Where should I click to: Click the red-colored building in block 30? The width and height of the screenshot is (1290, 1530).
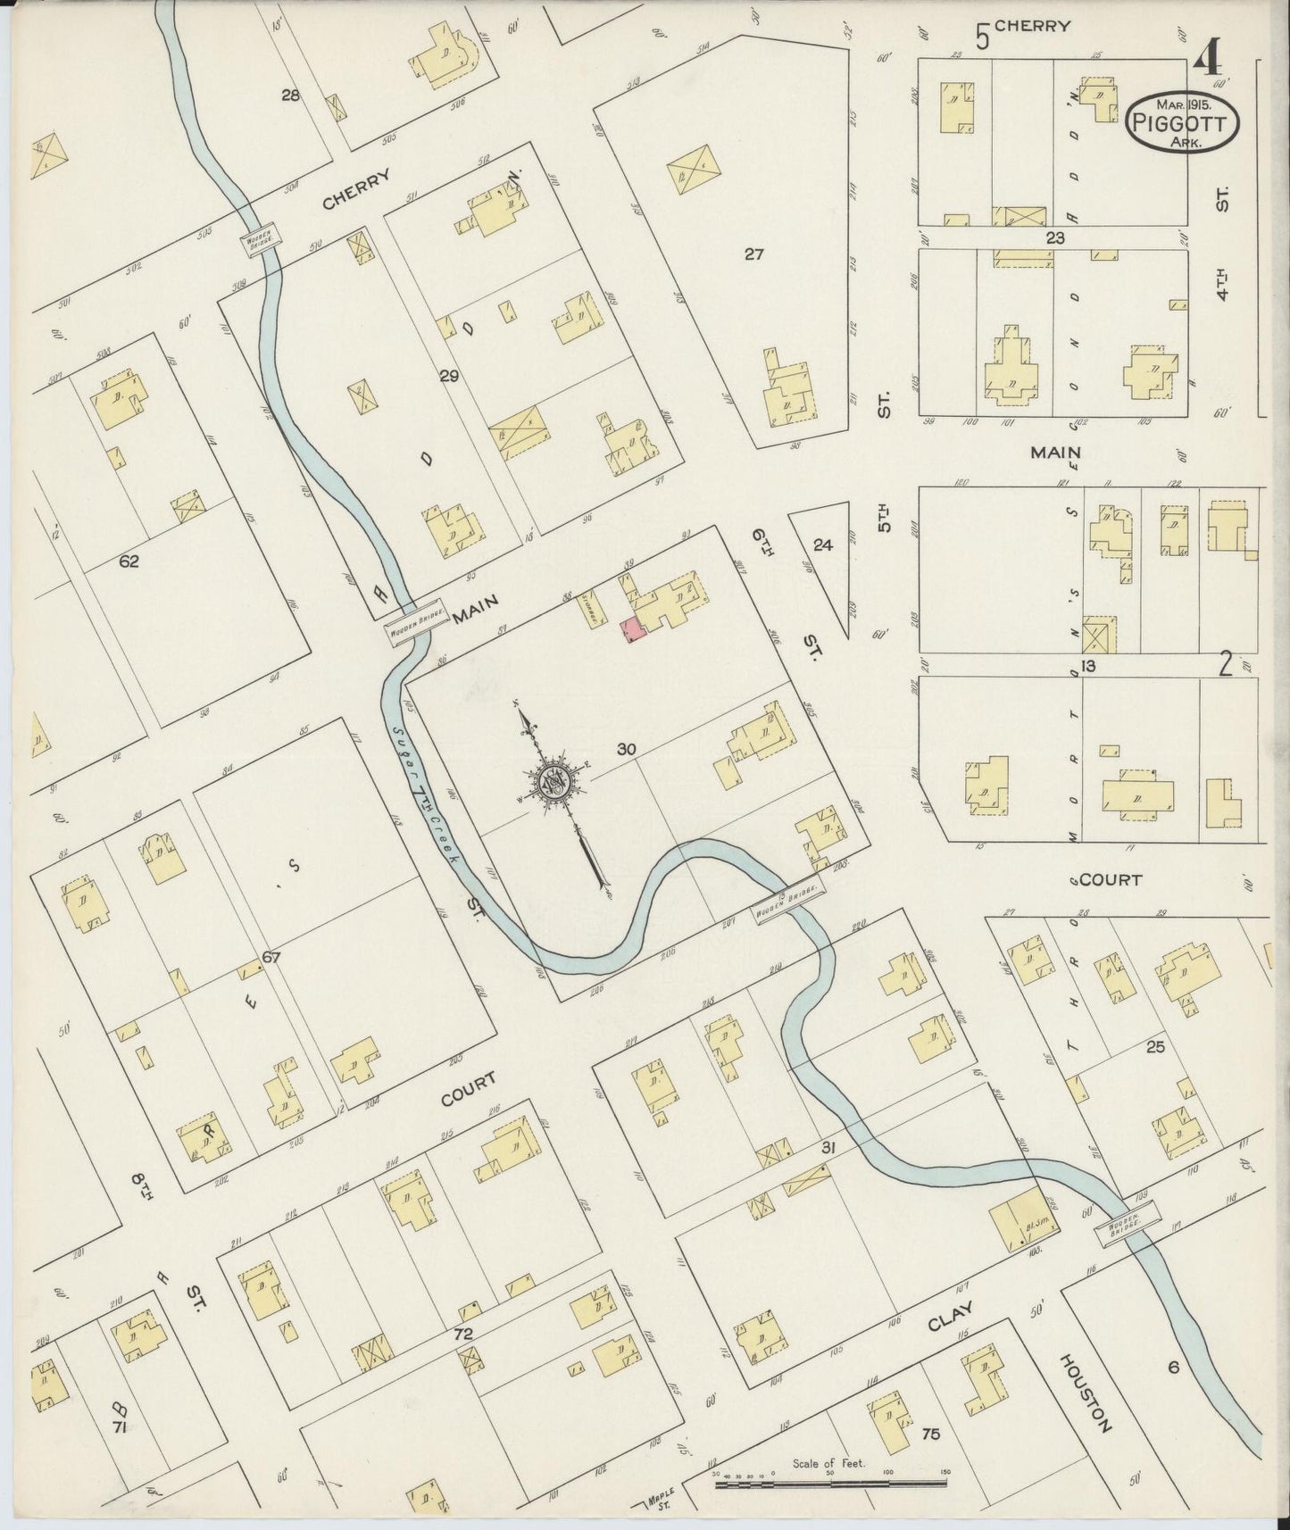632,629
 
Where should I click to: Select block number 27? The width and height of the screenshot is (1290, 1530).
754,254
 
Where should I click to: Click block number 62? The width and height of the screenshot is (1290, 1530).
129,561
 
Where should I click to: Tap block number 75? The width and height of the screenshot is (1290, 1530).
930,1435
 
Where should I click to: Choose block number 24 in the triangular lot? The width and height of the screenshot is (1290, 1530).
822,544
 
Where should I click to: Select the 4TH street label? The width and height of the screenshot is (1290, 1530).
1223,278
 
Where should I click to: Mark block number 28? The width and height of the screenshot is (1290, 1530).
290,96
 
